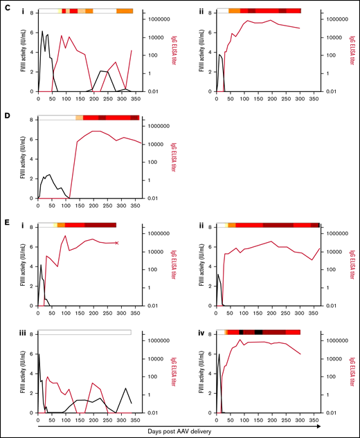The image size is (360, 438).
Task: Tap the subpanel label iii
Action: pyautogui.click(x=31, y=333)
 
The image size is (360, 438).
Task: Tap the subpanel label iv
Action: pyautogui.click(x=210, y=333)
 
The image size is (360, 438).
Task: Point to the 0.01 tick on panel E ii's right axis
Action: pyautogui.click(x=332, y=306)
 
